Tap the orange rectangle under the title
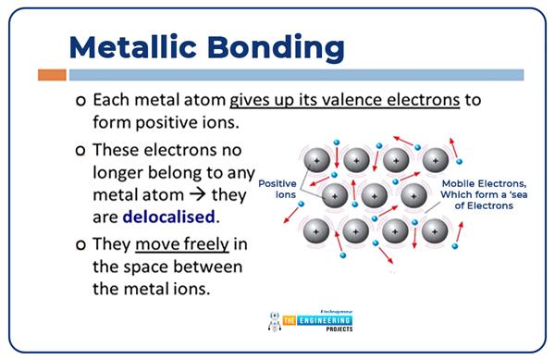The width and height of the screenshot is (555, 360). [52, 75]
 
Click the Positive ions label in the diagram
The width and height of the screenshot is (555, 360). [277, 189]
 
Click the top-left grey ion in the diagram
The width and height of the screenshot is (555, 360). [317, 162]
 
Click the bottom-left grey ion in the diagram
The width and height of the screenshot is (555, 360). [317, 229]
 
